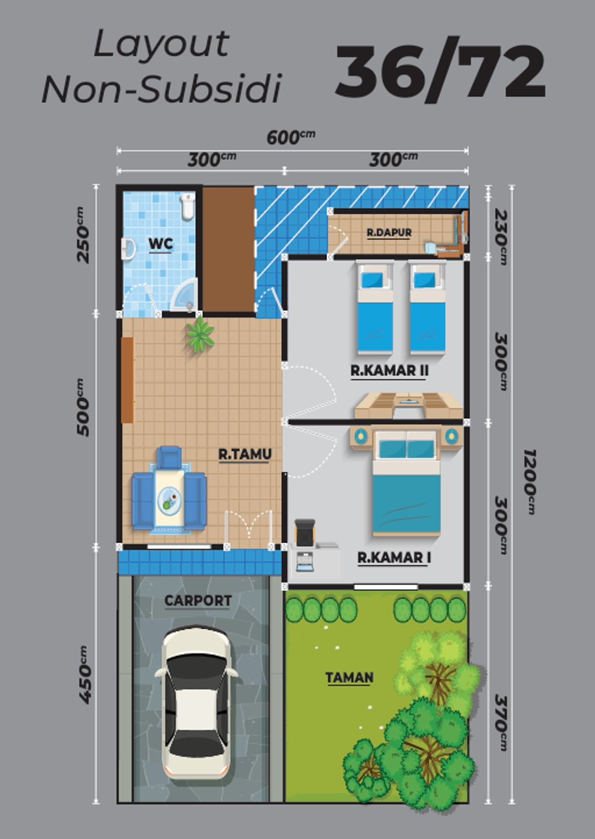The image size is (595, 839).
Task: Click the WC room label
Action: [x=160, y=243]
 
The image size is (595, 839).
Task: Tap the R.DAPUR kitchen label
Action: [x=389, y=232]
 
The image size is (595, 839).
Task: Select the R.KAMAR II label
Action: [x=389, y=370]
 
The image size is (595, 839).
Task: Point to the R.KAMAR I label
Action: [x=393, y=557]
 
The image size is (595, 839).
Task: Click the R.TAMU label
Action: [x=245, y=454]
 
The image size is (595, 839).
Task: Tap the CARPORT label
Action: [x=198, y=600]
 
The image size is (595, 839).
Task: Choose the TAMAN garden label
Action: [x=349, y=677]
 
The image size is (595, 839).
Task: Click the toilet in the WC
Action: [x=187, y=207]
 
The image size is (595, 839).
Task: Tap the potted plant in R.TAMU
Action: [x=200, y=335]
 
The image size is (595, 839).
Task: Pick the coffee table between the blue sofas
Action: [x=169, y=499]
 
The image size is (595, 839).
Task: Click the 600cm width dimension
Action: [x=291, y=137]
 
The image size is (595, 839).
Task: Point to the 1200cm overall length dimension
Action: [x=529, y=481]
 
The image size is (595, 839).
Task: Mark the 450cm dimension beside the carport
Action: [x=84, y=675]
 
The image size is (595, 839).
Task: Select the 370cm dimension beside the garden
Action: [x=500, y=722]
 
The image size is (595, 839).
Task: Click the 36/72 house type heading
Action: [x=440, y=71]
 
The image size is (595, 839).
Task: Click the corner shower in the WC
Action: [x=185, y=296]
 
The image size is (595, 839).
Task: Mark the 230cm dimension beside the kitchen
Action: [x=500, y=237]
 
